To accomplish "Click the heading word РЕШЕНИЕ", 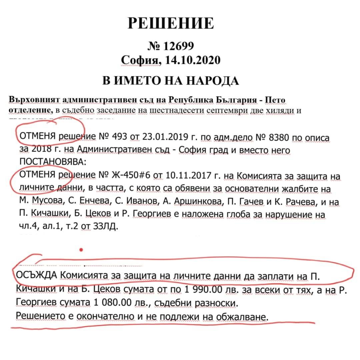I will click(171, 23).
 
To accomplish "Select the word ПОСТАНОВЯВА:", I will click(53, 162).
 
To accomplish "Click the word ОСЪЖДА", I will click(37, 276).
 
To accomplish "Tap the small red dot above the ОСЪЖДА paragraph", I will click(81, 249).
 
